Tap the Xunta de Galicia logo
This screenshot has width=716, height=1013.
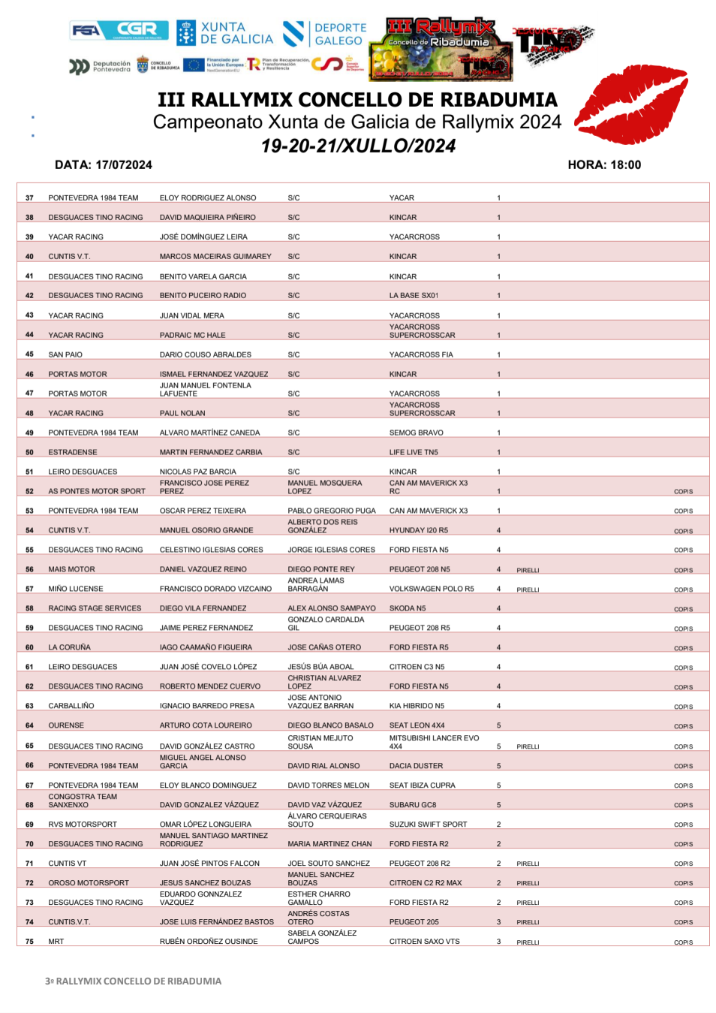coord(225,33)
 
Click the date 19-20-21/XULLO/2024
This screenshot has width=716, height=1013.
coord(358,146)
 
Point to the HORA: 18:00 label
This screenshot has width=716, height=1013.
coord(604,165)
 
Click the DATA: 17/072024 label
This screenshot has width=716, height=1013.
coord(104,165)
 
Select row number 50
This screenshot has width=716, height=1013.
coord(29,452)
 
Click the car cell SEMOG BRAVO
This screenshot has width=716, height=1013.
coord(416,433)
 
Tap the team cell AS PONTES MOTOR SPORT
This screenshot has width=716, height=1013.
coord(97,491)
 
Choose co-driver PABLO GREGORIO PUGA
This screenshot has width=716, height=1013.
coord(331,511)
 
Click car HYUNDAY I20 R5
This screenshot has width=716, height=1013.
coord(418,530)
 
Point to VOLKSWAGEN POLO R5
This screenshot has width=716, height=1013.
coord(431,589)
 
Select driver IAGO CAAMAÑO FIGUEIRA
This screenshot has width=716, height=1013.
coord(206,647)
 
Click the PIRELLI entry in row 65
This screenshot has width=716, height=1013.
coord(528,746)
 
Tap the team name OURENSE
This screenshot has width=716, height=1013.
coord(66,725)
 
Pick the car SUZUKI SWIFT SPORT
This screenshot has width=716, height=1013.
coord(428,825)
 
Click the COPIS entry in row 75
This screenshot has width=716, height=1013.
coord(683,942)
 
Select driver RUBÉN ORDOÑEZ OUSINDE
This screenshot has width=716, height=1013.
coord(209,942)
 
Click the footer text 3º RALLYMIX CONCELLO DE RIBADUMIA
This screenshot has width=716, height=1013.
coord(133,981)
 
